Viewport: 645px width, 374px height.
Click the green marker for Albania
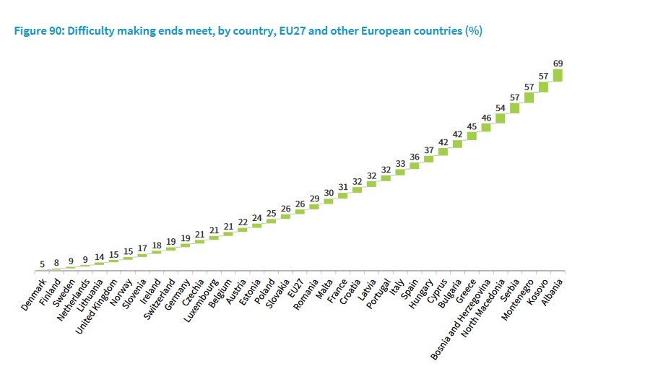558,75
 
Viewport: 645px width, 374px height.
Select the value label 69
558,64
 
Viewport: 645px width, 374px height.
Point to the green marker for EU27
300,212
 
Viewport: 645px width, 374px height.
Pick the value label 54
500,108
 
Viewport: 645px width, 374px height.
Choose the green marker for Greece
472,135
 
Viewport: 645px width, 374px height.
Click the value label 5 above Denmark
43,264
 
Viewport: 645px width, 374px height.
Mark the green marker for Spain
414,165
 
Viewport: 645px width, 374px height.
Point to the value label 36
415,156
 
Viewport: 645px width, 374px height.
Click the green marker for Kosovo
543,87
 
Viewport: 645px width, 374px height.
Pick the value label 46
486,117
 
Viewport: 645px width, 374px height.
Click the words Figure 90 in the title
37,31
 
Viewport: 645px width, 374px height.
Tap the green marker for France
343,195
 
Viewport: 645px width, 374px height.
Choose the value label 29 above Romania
314,197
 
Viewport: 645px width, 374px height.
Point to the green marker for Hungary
428,159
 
